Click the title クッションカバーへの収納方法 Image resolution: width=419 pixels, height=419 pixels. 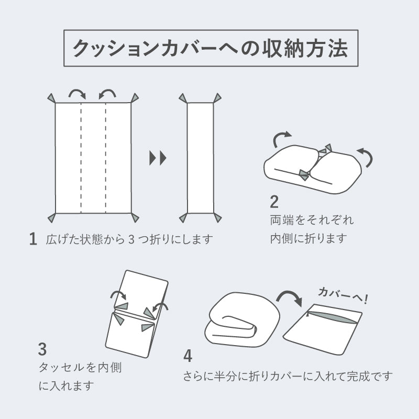(x=210, y=49)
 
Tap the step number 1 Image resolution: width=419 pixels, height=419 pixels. (x=33, y=239)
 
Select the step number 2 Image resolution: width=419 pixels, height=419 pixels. (x=274, y=202)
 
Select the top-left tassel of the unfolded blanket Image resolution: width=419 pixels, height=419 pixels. (x=51, y=98)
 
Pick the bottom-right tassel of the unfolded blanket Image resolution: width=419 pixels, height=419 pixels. (x=135, y=217)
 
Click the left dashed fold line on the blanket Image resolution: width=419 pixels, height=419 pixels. (x=81, y=157)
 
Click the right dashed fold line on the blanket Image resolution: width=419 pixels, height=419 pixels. (x=106, y=157)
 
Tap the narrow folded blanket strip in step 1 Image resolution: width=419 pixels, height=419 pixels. (x=200, y=157)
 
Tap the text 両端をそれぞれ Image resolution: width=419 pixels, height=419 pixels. (x=312, y=219)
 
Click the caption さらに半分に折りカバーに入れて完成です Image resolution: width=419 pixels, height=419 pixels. (x=288, y=376)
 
